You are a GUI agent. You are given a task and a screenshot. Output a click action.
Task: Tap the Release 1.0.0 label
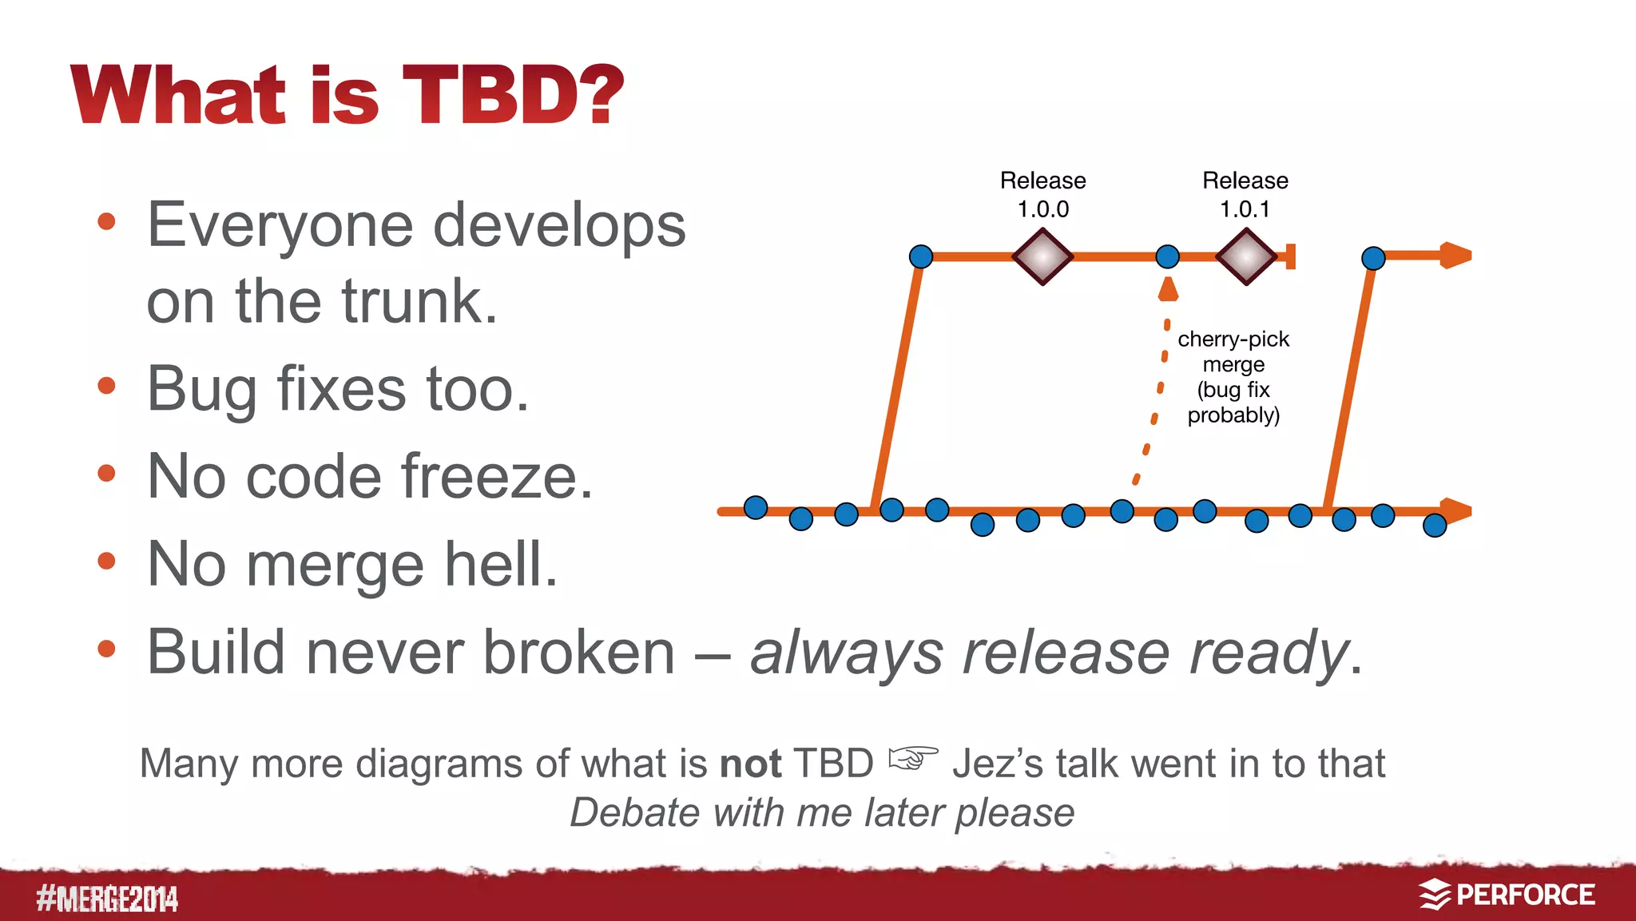point(1042,194)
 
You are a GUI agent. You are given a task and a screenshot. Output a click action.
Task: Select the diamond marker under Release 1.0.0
point(1042,256)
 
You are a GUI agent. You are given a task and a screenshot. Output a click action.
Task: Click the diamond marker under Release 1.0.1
point(1245,256)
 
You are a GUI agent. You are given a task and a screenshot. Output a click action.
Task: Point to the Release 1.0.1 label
point(1245,194)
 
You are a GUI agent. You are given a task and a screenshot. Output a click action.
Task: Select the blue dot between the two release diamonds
point(1167,256)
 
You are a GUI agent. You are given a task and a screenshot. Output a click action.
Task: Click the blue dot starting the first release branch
point(921,256)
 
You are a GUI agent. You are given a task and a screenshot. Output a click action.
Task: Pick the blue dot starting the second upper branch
point(1372,258)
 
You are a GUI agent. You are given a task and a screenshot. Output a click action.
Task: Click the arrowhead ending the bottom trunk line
point(1457,510)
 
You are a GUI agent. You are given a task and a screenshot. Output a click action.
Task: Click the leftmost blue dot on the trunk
point(755,507)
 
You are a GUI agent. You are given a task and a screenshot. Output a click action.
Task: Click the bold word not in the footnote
point(749,764)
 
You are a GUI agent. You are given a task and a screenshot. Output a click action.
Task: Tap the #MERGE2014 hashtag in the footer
point(107,899)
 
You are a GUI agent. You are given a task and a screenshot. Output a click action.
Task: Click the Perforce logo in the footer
point(1507,895)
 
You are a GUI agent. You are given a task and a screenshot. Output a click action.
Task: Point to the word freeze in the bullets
point(497,477)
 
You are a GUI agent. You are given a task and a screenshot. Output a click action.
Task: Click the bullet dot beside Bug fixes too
point(106,387)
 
